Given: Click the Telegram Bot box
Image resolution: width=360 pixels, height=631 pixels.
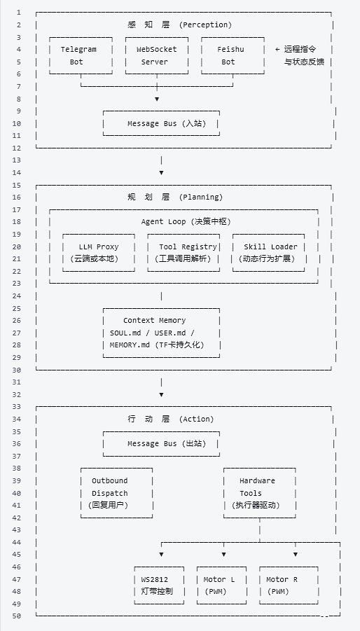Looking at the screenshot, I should coord(78,55).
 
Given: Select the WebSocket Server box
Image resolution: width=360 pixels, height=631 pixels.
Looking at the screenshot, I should coord(156,55).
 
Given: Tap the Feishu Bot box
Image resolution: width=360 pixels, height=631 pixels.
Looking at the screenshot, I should coord(229,55).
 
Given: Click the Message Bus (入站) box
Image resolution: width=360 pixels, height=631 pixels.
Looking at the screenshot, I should coord(161,123).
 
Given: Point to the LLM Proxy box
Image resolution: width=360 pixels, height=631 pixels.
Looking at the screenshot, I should coord(99,253).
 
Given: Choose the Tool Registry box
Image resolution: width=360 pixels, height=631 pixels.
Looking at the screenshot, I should coord(184,253).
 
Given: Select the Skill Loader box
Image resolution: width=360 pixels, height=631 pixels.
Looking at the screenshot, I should coord(270,253).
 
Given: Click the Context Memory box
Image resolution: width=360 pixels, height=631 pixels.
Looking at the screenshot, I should coord(161,333).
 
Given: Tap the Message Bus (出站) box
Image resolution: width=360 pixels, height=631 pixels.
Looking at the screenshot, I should coord(161,443).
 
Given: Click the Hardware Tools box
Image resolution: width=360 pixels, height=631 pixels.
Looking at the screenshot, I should coord(258,493).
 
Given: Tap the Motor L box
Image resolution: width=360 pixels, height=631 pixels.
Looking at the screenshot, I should coord(220,585).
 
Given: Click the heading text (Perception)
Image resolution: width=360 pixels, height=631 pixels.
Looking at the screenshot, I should coord(205,25).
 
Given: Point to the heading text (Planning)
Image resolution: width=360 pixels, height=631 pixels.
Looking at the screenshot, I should coord(201,197).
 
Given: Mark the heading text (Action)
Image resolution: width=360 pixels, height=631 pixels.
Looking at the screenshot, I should coord(198,419).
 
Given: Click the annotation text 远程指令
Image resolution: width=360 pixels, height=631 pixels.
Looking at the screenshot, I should coord(299,49).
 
